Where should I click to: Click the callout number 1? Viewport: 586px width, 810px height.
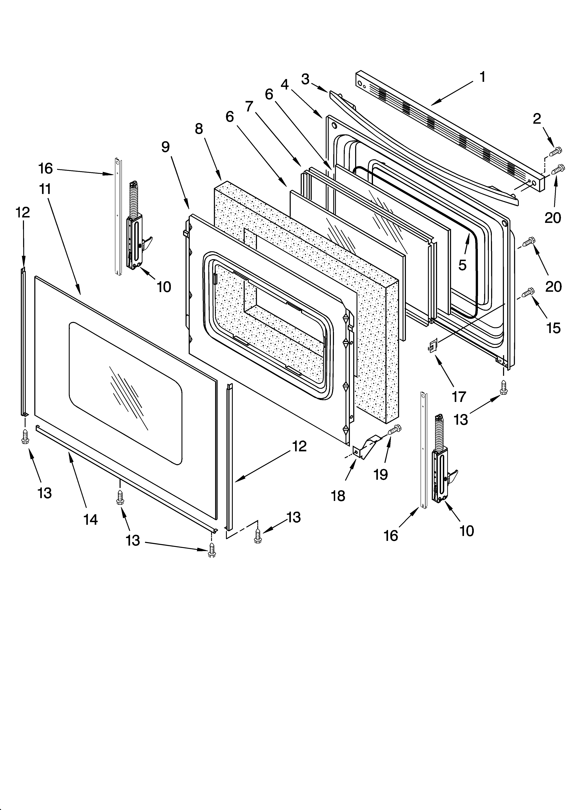click(x=482, y=77)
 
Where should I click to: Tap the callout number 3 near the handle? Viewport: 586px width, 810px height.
click(x=305, y=79)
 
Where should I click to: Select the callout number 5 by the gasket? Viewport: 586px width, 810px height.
click(x=462, y=265)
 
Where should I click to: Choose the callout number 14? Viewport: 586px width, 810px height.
click(x=91, y=520)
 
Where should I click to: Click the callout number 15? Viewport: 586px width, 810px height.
click(x=553, y=328)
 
